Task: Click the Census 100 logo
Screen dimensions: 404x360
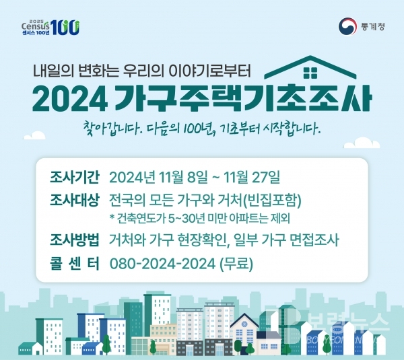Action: coord(50,27)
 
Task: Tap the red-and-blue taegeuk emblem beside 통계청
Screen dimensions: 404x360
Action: coord(347,26)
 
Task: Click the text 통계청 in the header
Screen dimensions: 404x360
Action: coord(373,26)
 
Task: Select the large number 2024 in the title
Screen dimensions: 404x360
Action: coord(70,98)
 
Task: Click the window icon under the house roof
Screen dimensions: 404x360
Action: coord(310,73)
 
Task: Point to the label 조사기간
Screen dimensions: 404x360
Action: coord(75,178)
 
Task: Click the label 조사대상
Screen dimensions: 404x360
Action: coord(75,200)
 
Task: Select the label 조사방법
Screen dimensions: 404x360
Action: coord(75,240)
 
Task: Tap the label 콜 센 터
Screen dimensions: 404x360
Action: coord(75,263)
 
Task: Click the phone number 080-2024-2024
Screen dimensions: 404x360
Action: coord(162,263)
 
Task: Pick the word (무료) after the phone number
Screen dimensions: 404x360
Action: coord(236,263)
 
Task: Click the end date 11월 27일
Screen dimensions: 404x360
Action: coord(252,178)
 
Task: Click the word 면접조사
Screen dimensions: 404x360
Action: coord(314,240)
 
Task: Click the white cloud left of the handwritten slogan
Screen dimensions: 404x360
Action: coord(34,136)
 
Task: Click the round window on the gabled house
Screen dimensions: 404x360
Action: coord(244,324)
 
